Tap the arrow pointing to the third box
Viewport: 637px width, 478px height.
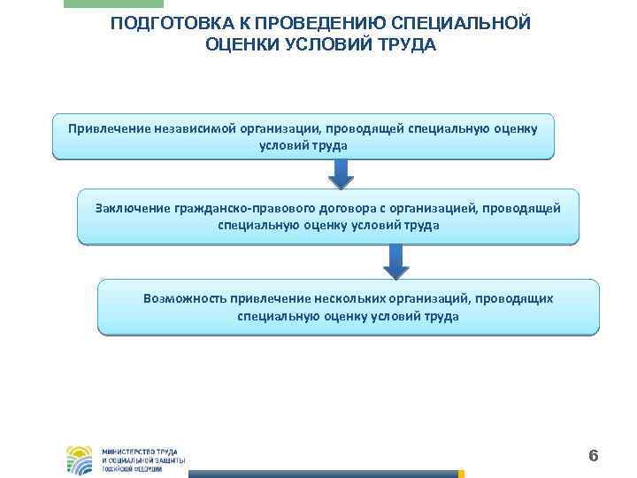click(x=395, y=261)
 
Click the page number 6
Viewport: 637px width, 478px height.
click(x=593, y=456)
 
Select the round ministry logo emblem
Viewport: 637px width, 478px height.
click(x=79, y=459)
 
